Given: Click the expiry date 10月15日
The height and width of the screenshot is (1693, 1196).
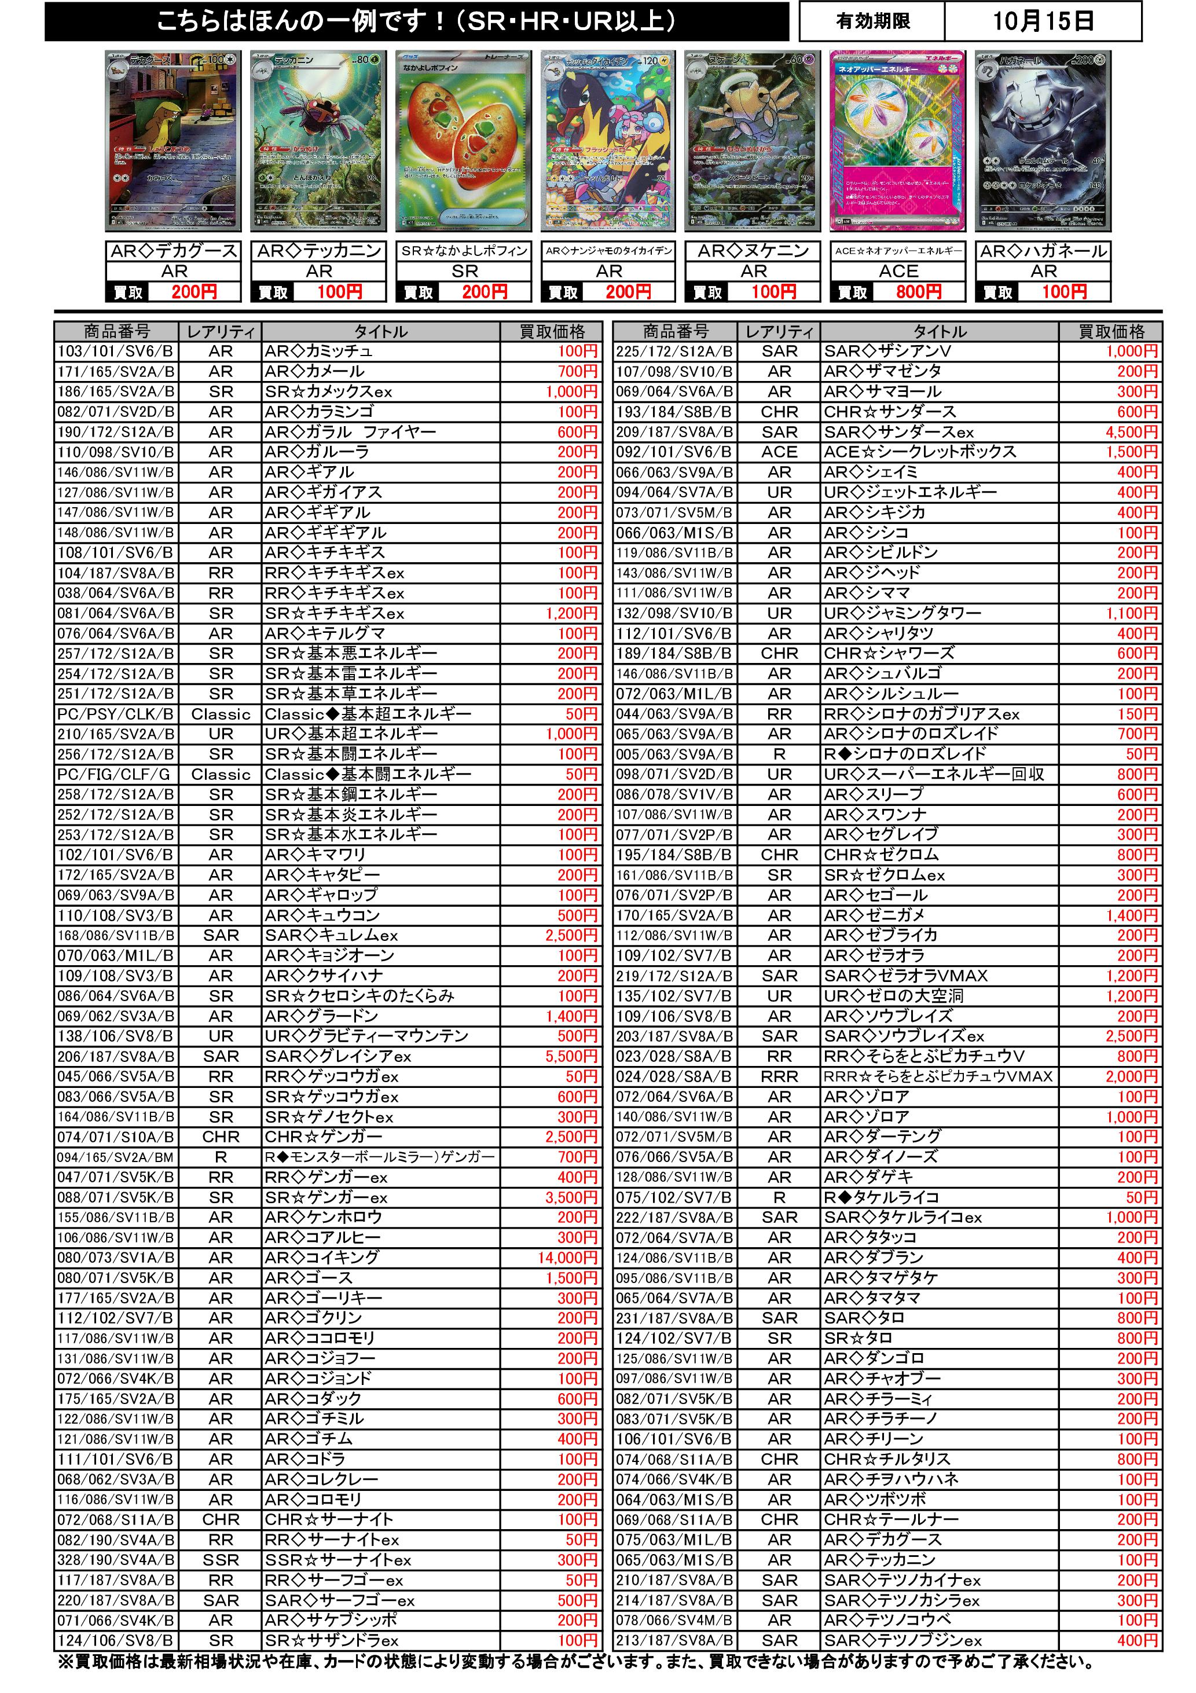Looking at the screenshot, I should pos(1042,21).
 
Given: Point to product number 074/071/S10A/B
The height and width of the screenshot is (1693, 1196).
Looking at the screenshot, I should pos(116,1137).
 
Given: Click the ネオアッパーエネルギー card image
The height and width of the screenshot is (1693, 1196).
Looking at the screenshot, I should pos(897,140).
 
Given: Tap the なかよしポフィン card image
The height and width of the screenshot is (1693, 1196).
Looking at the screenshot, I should pos(463,140).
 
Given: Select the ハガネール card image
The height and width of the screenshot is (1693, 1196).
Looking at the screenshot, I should pos(1043,140).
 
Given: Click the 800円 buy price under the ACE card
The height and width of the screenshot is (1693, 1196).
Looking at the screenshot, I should pos(918,292).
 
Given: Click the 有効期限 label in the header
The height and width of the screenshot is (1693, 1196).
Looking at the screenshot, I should pos(872,21).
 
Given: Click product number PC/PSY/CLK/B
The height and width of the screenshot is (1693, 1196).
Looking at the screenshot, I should pos(116,714).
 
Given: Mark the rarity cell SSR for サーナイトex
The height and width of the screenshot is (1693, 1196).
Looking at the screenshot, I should pos(221,1560).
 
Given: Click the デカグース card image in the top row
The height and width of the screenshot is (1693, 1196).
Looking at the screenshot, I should pos(173,140).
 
